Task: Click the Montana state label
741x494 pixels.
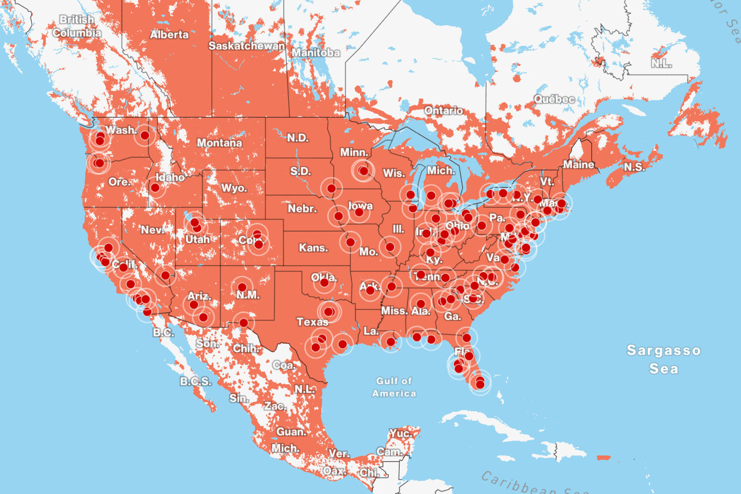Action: click(219, 143)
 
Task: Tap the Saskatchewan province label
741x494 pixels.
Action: click(247, 46)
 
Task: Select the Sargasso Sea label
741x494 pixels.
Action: click(664, 359)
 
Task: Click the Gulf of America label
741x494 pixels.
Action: click(394, 387)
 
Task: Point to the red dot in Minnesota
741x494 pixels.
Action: click(363, 171)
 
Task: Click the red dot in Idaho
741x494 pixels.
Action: click(155, 187)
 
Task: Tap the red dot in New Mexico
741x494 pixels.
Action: click(242, 287)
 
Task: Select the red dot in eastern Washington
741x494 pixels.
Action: click(145, 135)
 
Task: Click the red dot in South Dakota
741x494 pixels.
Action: click(331, 188)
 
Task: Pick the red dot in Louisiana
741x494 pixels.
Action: click(391, 342)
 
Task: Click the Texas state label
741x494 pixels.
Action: click(312, 322)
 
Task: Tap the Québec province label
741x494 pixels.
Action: click(554, 99)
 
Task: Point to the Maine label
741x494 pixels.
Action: click(579, 165)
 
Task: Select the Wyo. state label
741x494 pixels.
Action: click(234, 188)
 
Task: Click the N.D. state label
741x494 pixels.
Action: click(298, 138)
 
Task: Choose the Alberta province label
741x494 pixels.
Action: click(169, 35)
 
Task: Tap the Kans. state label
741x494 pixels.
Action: click(313, 248)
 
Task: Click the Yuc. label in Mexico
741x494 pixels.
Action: click(401, 433)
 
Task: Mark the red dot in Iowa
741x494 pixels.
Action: click(359, 213)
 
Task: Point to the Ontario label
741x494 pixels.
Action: click(443, 111)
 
